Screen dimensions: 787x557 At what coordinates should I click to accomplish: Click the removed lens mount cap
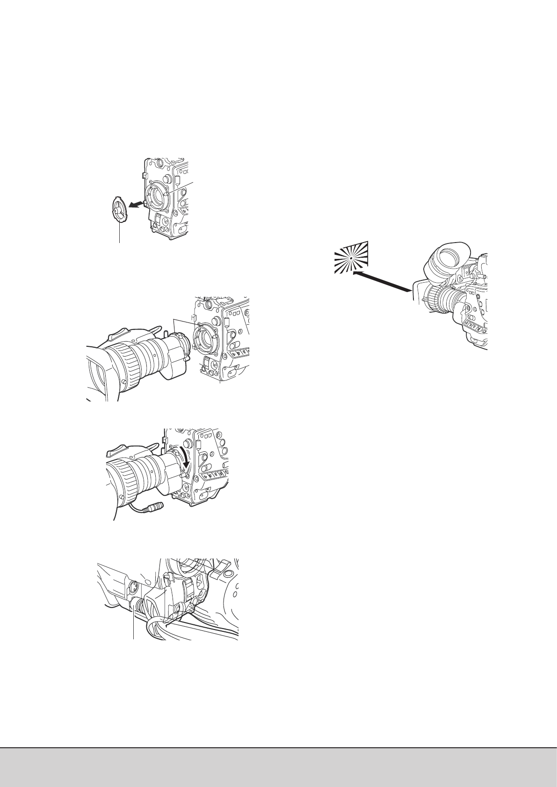pyautogui.click(x=119, y=212)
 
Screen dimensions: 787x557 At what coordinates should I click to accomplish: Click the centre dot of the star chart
pyautogui.click(x=350, y=258)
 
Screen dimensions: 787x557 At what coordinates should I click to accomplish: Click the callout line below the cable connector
pyautogui.click(x=135, y=626)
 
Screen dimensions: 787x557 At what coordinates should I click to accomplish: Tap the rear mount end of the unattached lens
pyautogui.click(x=180, y=343)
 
